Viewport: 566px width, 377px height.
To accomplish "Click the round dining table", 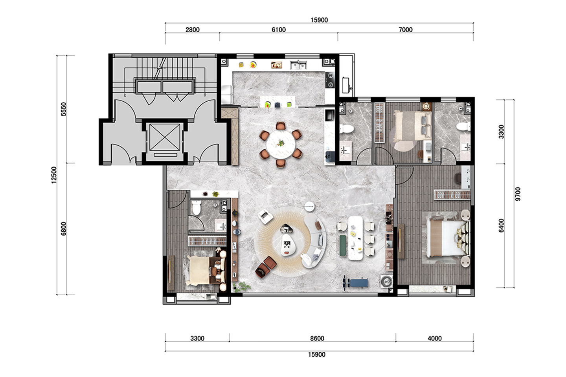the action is (x=281, y=144).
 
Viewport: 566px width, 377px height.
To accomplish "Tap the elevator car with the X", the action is (x=165, y=137).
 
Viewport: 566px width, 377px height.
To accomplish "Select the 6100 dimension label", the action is (x=279, y=30).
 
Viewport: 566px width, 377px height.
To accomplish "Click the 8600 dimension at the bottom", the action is (x=317, y=339).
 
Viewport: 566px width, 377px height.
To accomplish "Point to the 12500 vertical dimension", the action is (x=54, y=175).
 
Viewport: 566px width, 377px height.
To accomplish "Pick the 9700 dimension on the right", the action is (x=518, y=194).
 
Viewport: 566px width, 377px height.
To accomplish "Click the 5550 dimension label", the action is (x=64, y=109).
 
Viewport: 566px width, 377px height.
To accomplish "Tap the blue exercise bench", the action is (x=356, y=283).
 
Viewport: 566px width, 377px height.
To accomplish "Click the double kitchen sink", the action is (x=298, y=65).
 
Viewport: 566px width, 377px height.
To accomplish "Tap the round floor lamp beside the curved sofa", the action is (x=309, y=207).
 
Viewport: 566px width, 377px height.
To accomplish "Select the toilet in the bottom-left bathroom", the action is (x=196, y=208).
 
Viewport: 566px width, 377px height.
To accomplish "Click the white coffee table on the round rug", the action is (x=288, y=245).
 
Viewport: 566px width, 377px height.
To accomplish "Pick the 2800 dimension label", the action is (x=193, y=30).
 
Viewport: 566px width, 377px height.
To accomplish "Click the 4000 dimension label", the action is (x=435, y=339).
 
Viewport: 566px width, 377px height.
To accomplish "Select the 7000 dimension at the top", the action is (x=406, y=30).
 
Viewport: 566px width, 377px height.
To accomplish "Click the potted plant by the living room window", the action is (x=242, y=287).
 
